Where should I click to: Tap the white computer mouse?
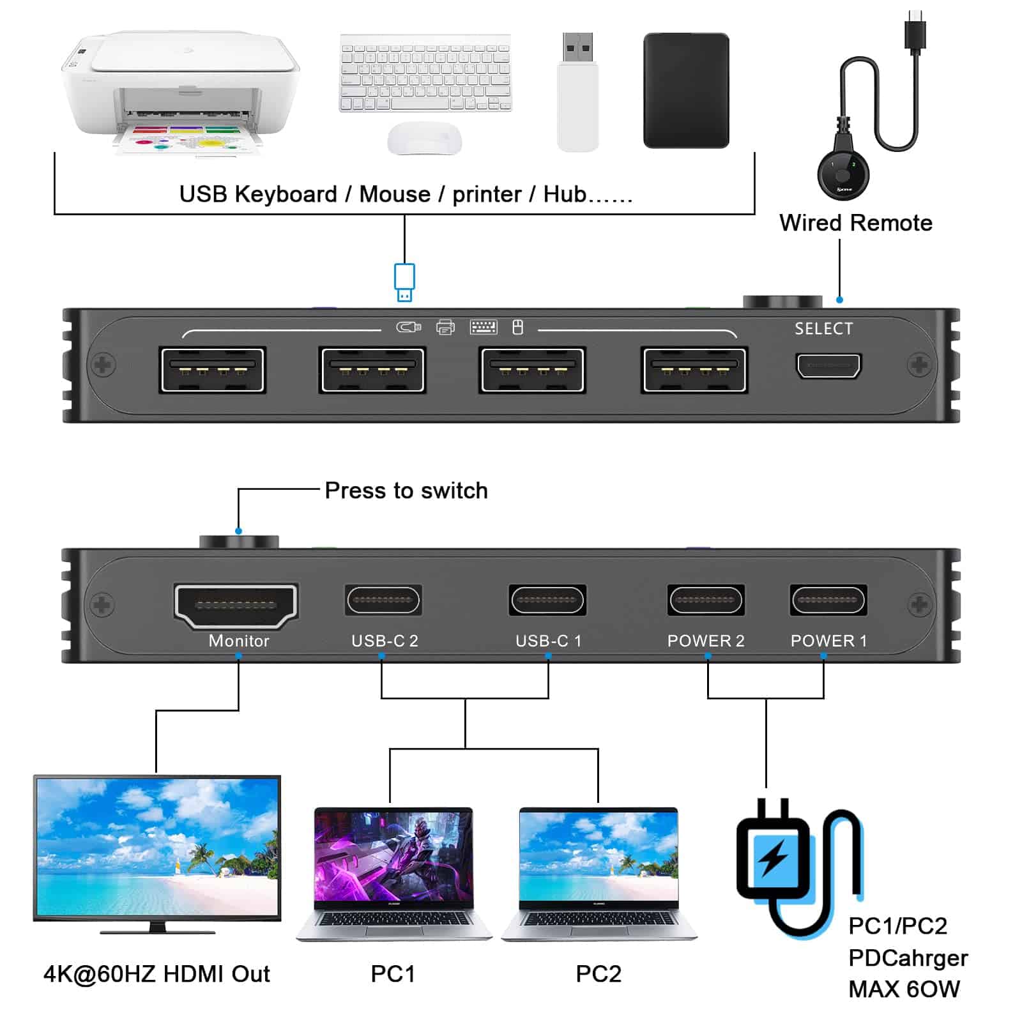pos(424,138)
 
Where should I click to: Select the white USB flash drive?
pos(578,93)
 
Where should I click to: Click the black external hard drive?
pos(686,91)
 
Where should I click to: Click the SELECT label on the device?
pos(823,328)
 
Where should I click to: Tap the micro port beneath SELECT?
pos(828,366)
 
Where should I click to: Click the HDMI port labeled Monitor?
pos(236,604)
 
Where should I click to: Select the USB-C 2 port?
pos(383,600)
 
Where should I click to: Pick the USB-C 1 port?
pos(547,600)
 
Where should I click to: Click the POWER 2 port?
pos(705,600)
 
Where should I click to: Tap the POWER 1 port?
pos(828,600)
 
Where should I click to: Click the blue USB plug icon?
pos(404,282)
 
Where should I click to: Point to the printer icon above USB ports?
pos(445,328)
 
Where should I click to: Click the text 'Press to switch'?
pos(406,491)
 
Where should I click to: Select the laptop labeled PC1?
pos(393,873)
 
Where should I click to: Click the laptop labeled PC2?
pos(599,873)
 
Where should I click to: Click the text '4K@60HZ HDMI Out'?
pos(156,974)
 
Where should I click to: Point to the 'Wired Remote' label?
pos(855,223)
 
